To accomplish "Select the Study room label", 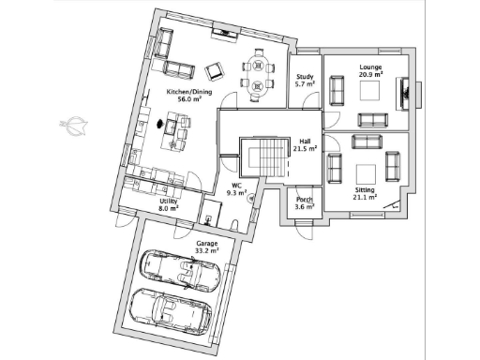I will click(304, 77).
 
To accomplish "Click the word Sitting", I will click(365, 189).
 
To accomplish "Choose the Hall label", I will click(305, 141).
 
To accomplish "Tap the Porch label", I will click(304, 200).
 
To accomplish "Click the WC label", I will click(237, 186).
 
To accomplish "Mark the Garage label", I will click(206, 243).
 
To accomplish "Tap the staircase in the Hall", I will click(260, 157).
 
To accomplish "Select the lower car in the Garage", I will click(171, 309).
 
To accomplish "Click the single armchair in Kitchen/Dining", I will click(215, 70).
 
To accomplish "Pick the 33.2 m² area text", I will click(206, 250).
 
